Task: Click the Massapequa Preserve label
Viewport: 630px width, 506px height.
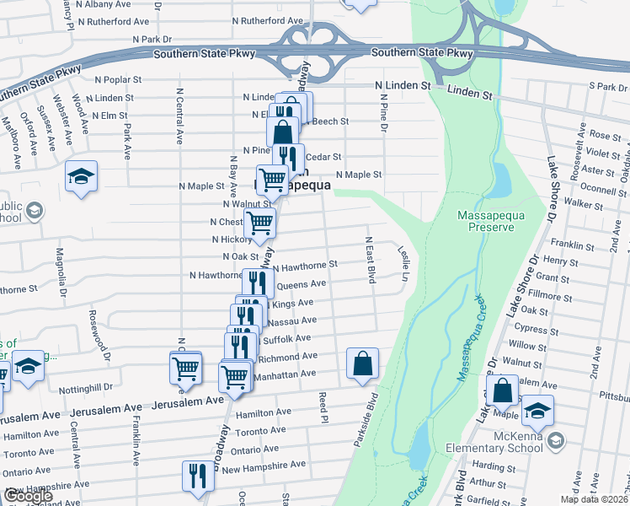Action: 492,222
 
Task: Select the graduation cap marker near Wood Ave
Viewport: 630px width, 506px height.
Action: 82,177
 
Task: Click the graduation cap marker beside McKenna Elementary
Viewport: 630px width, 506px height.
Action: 537,411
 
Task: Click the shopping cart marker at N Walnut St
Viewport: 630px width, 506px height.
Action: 271,180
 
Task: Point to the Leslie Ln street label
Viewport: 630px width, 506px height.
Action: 404,264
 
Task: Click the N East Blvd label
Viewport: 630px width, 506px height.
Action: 369,260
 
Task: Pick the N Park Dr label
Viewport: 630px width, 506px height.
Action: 152,39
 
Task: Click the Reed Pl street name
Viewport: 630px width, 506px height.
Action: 322,406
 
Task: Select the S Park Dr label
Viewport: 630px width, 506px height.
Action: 608,87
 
